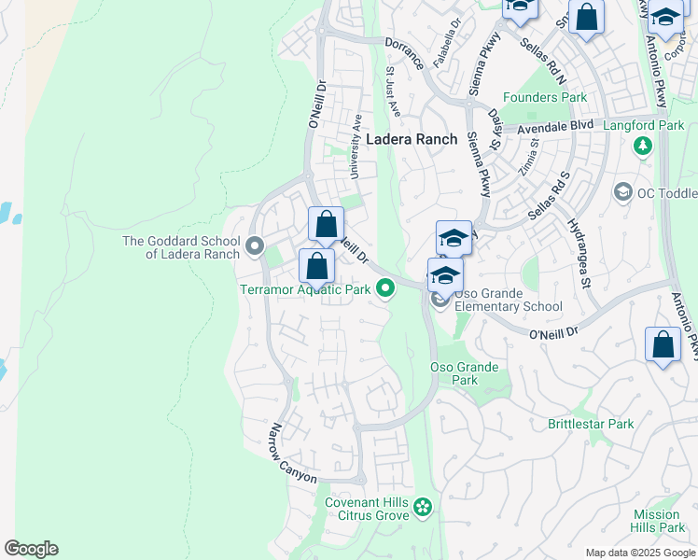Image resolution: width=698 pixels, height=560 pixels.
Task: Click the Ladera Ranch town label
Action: (x=412, y=139)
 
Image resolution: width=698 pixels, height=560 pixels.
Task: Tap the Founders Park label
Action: (x=545, y=97)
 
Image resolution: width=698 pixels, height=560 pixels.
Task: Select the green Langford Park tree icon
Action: (x=642, y=146)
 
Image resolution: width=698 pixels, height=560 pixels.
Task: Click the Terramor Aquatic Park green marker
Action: (x=385, y=289)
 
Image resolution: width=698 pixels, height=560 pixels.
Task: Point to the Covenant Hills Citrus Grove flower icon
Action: (x=424, y=508)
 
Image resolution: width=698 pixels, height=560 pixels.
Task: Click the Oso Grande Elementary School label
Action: (x=508, y=306)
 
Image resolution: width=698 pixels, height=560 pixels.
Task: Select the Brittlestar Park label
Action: (x=591, y=424)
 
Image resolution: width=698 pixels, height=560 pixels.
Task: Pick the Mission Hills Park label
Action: (x=656, y=521)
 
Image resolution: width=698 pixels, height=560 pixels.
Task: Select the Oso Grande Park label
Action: (x=465, y=373)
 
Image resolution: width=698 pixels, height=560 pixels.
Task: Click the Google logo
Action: (x=31, y=549)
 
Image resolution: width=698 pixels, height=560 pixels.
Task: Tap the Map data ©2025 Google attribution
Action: (x=639, y=553)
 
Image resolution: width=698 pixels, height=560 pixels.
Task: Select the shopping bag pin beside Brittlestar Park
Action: (x=663, y=344)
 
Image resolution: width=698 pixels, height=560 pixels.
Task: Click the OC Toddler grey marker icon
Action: (x=623, y=191)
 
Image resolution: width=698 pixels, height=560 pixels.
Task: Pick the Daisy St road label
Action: (x=496, y=125)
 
